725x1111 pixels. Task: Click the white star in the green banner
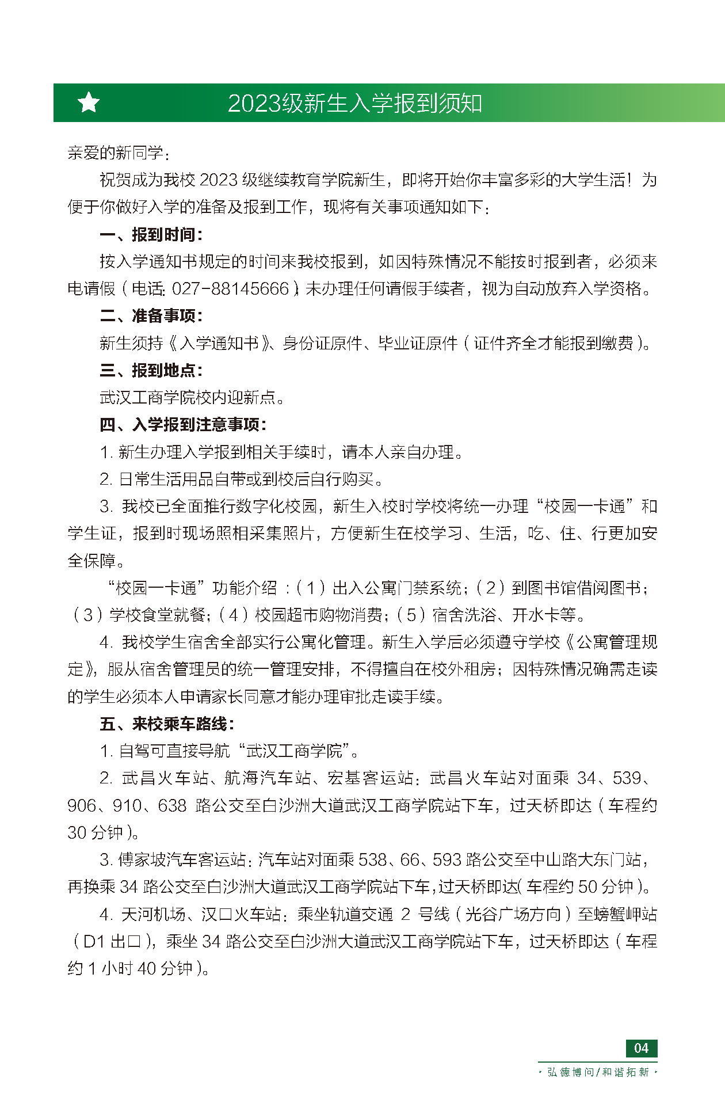click(89, 103)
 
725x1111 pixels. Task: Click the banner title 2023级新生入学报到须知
click(354, 104)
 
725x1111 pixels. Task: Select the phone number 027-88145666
click(230, 288)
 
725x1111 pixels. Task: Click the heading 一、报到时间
click(151, 235)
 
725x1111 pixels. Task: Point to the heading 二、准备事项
click(151, 316)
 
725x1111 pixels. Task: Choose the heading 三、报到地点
click(151, 370)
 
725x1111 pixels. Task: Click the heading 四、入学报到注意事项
click(183, 425)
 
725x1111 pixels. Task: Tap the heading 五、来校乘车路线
click(167, 724)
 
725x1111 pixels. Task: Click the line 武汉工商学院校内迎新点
click(192, 397)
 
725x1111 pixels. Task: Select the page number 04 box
click(641, 1048)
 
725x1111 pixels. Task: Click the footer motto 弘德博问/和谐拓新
click(598, 1072)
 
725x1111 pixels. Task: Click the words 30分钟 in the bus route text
click(96, 832)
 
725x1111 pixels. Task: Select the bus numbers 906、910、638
click(127, 805)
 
